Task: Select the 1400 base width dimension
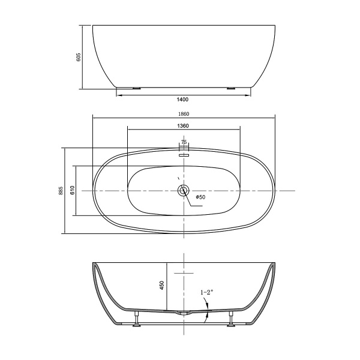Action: (x=183, y=99)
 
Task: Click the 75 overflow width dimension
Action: (x=184, y=142)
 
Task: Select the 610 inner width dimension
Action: (x=72, y=191)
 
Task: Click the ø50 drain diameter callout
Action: (x=200, y=197)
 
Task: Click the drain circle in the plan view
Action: (x=184, y=191)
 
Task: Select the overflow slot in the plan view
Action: (x=184, y=154)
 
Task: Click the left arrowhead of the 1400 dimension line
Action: (x=119, y=94)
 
